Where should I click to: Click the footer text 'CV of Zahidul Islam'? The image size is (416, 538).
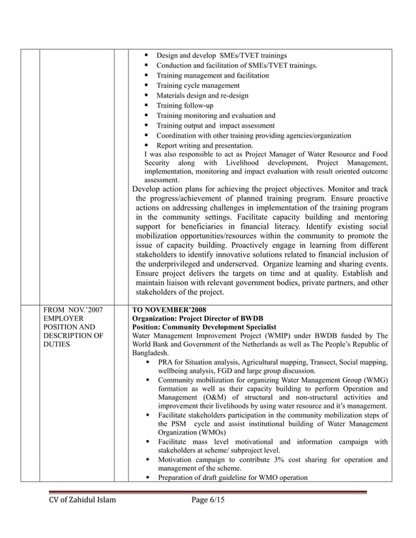click(83, 500)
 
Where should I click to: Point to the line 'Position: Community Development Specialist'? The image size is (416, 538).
click(204, 327)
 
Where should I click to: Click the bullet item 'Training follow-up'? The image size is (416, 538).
click(185, 106)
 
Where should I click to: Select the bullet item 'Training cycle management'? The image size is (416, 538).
click(198, 85)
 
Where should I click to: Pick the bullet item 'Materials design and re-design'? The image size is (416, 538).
click(202, 96)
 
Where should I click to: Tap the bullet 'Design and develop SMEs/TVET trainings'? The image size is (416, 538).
click(221, 56)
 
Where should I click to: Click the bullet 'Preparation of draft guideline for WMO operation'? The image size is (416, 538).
click(232, 477)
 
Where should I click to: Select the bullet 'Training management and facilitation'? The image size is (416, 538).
click(212, 76)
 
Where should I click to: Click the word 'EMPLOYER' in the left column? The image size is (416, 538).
click(64, 317)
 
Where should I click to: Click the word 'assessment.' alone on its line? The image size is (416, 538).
click(162, 179)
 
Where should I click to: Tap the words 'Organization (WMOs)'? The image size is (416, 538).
click(192, 432)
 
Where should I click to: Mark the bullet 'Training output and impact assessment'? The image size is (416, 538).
click(215, 126)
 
